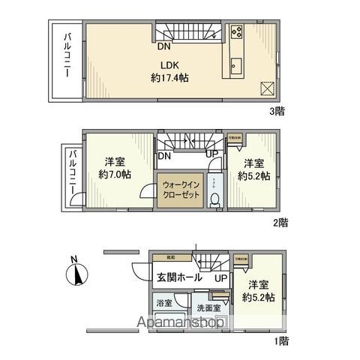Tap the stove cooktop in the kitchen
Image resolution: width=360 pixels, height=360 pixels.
pos(236,32)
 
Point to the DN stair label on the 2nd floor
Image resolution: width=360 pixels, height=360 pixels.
pos(163,156)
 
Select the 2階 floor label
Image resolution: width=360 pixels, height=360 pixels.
pos(281,222)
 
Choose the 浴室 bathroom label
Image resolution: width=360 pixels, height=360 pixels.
pos(163,304)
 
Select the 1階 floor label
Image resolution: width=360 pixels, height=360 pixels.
pos(280,340)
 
